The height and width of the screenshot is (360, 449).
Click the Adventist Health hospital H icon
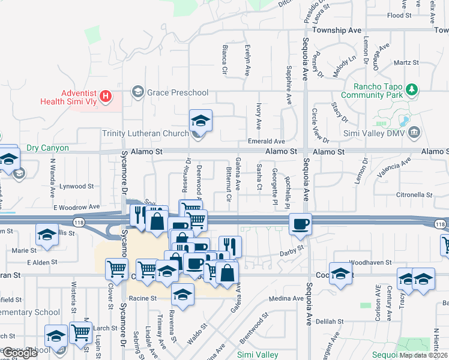point(106,95)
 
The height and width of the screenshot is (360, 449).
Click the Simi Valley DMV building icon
point(413,131)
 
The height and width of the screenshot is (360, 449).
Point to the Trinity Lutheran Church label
point(145,133)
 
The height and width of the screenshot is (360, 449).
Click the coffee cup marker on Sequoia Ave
point(301,224)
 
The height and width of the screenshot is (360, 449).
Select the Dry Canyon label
point(47,148)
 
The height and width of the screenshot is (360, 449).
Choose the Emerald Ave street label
point(267,141)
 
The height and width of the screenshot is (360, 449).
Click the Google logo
point(20,353)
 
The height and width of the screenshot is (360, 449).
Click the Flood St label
point(399,15)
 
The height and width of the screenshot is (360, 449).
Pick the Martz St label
point(406,62)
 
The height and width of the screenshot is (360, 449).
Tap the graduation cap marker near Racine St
point(182,295)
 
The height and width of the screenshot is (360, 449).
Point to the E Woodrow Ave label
point(76,207)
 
